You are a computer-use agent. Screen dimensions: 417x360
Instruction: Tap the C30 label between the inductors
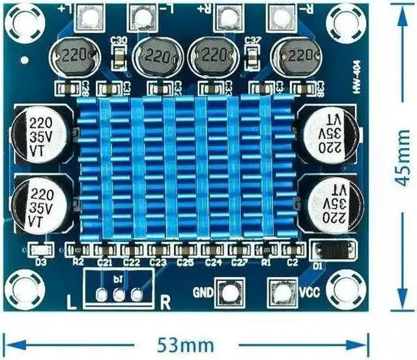[x=119, y=40]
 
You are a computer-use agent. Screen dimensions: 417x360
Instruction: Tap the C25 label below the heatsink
[x=184, y=262]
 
